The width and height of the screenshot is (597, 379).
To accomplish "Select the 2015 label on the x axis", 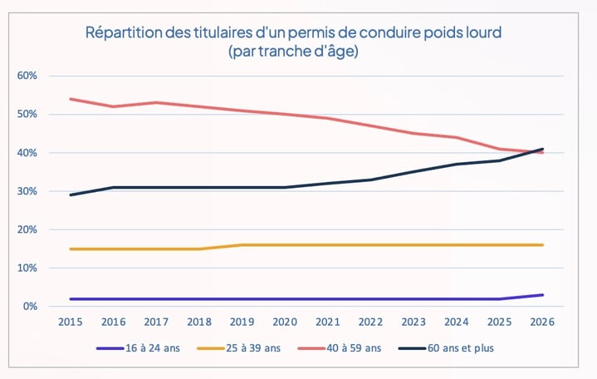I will [x=70, y=322].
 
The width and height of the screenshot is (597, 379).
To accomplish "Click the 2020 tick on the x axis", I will [x=285, y=322].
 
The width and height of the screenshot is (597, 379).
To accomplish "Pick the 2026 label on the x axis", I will [x=542, y=322].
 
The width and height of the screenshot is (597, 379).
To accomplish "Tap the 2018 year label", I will [x=198, y=322].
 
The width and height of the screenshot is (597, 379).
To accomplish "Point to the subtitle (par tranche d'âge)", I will [x=295, y=52].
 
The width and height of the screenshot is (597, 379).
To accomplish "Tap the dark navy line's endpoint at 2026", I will [x=542, y=149].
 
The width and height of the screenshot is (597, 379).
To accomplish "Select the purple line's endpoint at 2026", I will [x=542, y=295].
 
